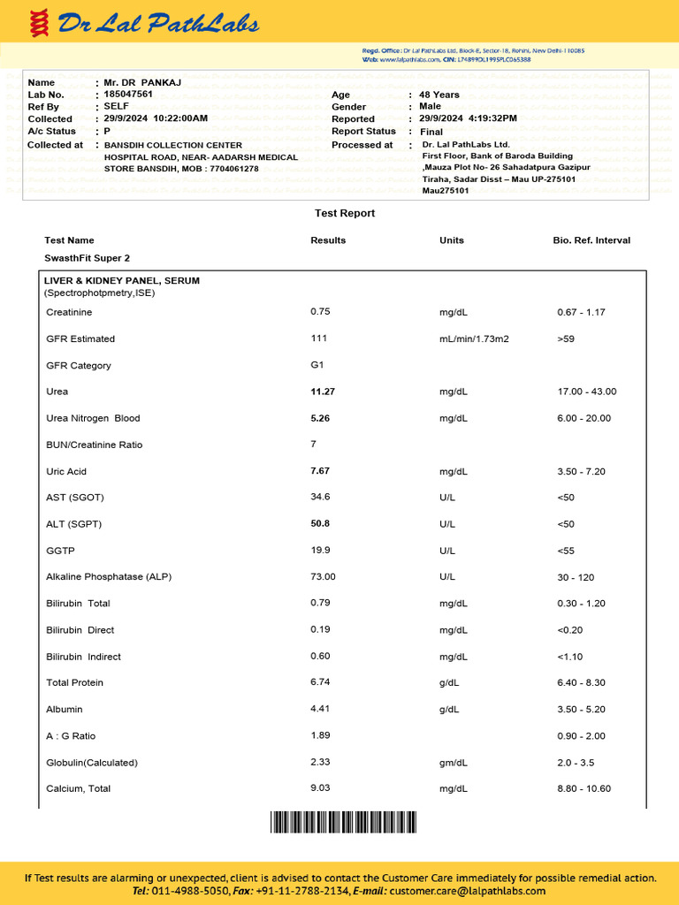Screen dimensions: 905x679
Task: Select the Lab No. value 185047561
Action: [x=128, y=94]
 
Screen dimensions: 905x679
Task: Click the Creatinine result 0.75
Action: [x=320, y=312]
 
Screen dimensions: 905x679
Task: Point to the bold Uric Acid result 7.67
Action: [x=320, y=471]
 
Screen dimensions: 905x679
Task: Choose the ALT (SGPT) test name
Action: [x=74, y=524]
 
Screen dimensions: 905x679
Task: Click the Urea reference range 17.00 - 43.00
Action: [x=586, y=392]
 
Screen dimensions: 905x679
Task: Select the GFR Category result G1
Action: [x=317, y=365]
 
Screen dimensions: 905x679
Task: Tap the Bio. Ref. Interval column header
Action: [x=591, y=240]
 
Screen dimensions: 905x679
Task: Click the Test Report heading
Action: [x=345, y=213]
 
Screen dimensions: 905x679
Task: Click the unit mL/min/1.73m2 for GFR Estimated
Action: [x=474, y=338]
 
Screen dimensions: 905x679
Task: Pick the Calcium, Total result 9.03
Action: [x=321, y=788]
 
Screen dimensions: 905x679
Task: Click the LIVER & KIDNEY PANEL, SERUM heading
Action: [x=122, y=280]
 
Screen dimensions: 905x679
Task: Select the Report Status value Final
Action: [x=431, y=132]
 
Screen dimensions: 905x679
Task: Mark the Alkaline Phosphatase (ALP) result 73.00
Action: [x=323, y=577]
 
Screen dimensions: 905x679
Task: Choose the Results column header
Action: [x=328, y=240]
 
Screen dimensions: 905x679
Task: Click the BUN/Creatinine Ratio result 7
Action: [x=314, y=444]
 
